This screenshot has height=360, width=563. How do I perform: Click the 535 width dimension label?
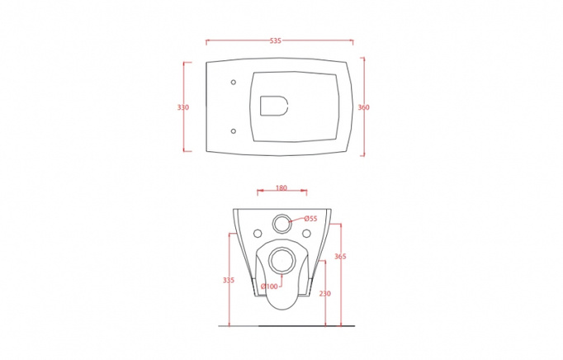pos(276,41)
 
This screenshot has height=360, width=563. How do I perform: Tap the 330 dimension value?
pos(182,107)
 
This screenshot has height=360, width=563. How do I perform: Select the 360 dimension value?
pos(363,107)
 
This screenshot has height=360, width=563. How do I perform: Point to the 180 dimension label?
pos(281,188)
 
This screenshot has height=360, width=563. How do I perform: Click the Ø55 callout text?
pos(310,219)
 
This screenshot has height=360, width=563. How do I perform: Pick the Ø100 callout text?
pos(269,287)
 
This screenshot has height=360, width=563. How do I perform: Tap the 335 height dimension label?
pos(229,280)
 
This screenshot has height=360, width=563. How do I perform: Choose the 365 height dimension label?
pos(340,256)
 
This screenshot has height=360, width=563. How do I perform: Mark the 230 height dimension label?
pos(325,294)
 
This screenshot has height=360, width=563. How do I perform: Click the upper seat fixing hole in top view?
pos(234,83)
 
